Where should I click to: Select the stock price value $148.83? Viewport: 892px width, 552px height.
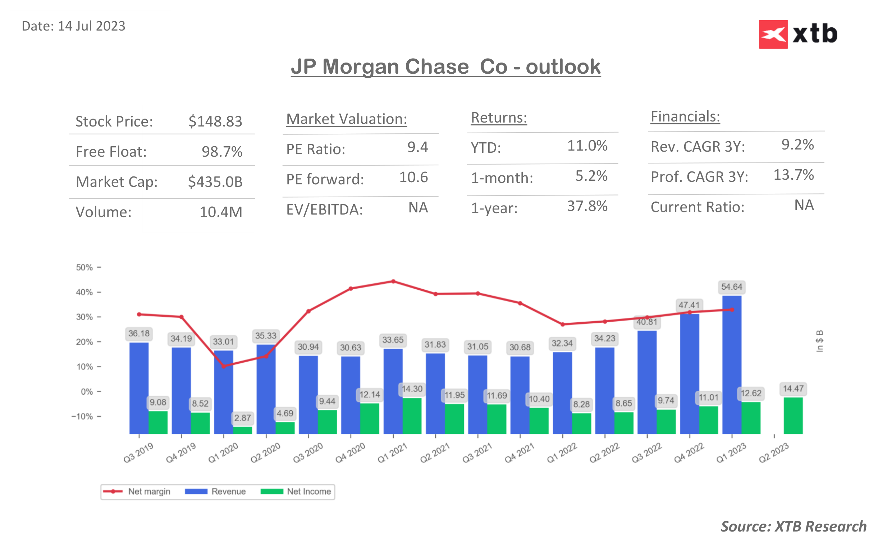[215, 121]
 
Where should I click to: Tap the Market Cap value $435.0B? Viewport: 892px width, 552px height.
[215, 182]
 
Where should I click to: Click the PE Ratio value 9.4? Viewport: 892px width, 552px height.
[417, 147]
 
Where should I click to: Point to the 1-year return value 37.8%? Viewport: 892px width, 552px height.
[587, 206]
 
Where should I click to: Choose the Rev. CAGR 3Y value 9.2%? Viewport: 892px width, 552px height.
[797, 145]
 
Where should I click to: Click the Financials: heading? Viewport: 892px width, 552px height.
[685, 117]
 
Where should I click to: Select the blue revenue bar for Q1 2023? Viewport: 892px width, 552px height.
[731, 365]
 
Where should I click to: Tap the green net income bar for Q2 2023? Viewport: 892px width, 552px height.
[793, 416]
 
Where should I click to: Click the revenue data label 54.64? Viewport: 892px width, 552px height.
[731, 287]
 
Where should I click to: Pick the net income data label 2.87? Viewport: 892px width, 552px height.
[242, 418]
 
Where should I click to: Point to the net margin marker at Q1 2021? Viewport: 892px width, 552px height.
[393, 281]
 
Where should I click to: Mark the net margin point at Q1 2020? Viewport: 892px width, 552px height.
[224, 366]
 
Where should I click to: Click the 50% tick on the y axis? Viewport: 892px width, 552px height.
[84, 268]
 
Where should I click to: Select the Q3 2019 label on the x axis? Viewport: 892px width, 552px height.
[138, 453]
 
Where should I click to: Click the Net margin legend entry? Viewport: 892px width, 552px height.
[137, 491]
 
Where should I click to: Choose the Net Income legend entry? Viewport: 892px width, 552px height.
[296, 491]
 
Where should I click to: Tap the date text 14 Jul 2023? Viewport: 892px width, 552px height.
[91, 26]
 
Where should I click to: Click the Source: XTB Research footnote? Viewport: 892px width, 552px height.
[793, 526]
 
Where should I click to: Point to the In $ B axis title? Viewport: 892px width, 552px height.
[819, 341]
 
